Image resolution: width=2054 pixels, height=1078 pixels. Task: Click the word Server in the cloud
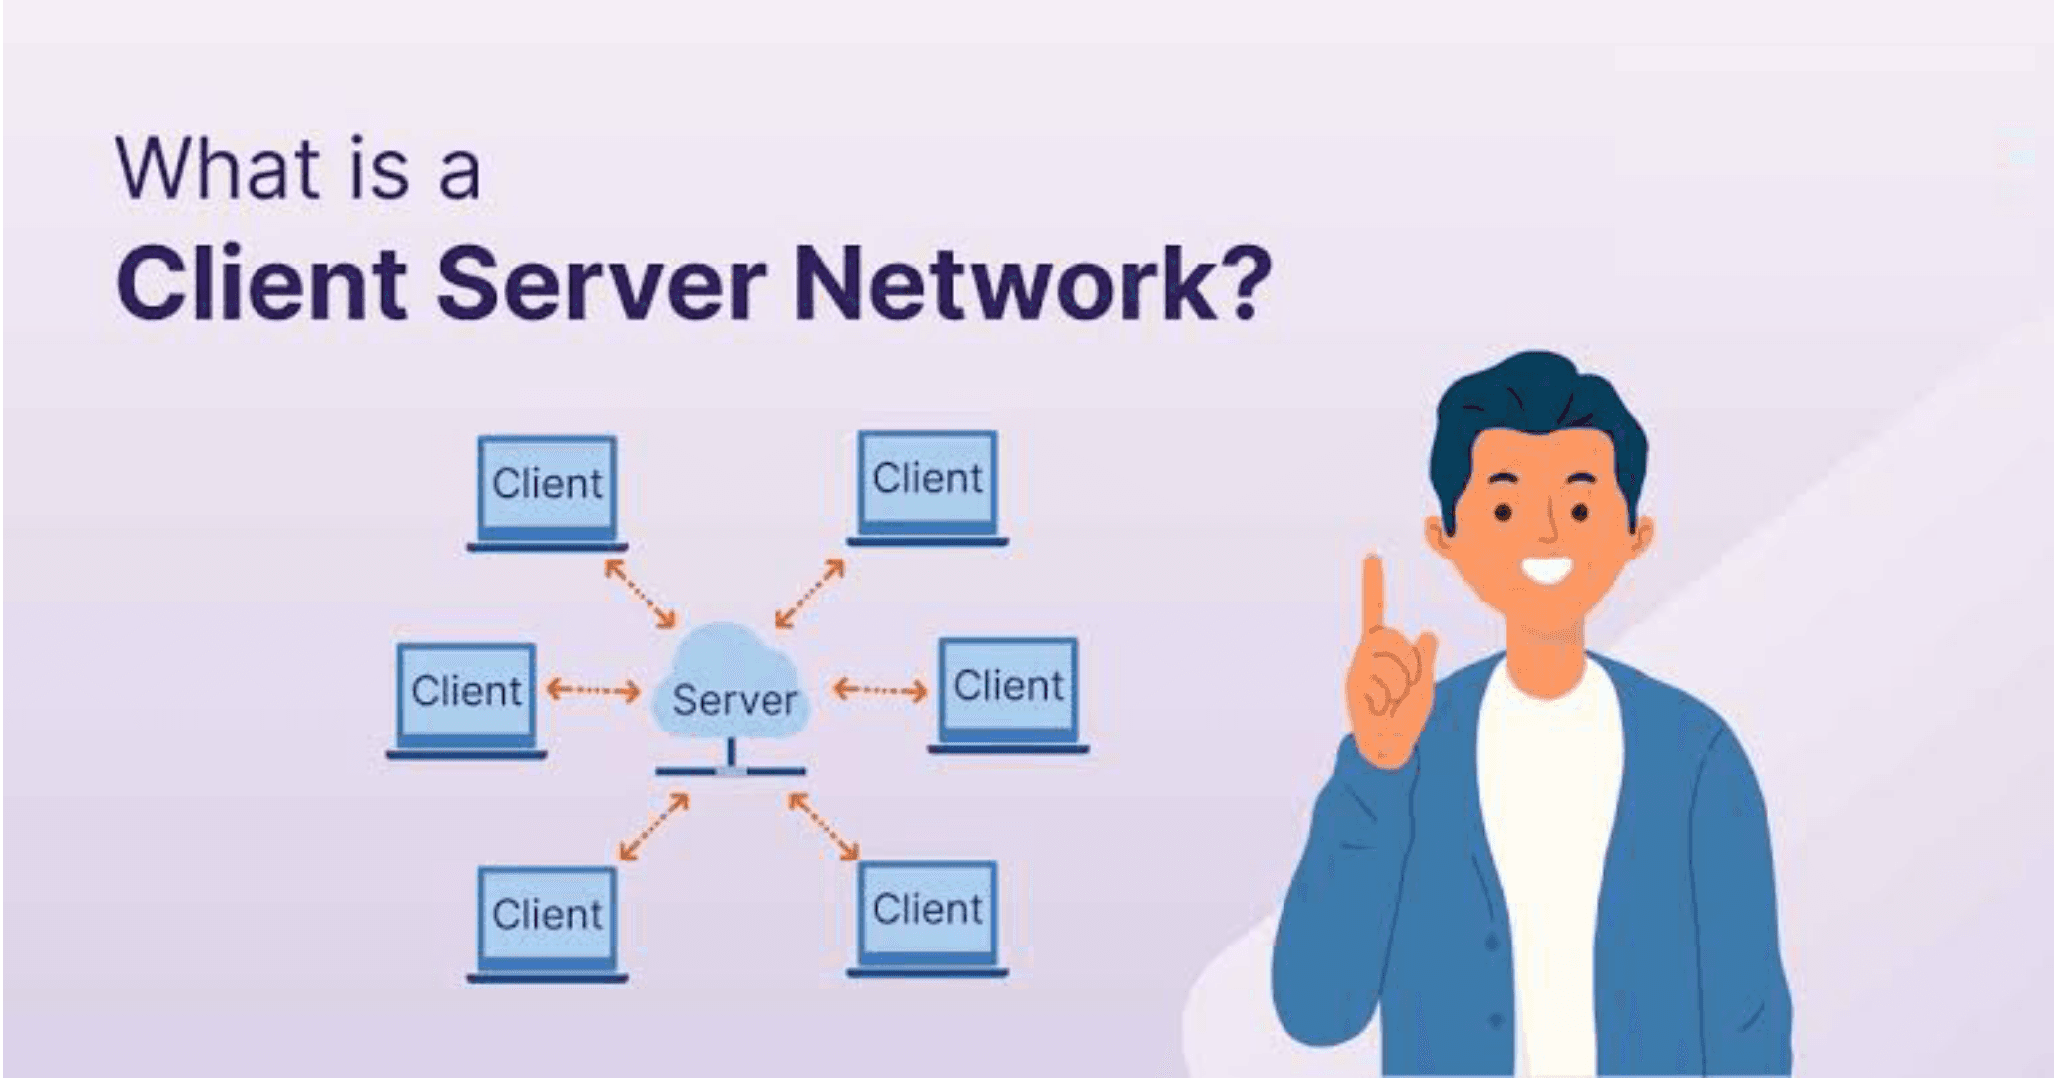click(x=735, y=700)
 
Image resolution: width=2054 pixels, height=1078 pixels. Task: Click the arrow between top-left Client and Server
click(x=640, y=593)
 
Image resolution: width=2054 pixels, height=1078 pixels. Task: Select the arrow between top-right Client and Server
click(x=810, y=593)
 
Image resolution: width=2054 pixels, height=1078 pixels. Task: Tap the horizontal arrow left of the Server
click(x=594, y=690)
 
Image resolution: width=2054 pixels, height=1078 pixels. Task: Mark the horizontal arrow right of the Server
click(x=880, y=689)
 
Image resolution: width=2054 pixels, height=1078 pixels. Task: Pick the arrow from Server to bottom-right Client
click(x=824, y=826)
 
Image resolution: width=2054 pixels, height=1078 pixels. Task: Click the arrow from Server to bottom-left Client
click(x=654, y=826)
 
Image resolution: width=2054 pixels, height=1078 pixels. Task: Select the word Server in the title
click(x=600, y=285)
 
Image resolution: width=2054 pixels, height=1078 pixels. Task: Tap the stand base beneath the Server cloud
click(x=731, y=771)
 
